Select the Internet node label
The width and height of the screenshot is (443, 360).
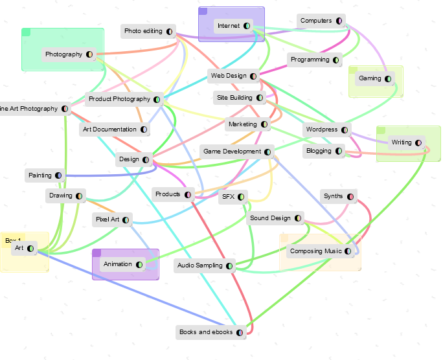[229, 26]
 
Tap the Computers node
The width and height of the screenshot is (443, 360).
[316, 21]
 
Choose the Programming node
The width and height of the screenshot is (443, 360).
[310, 60]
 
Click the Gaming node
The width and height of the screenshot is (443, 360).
[370, 78]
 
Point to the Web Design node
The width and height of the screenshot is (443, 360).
[228, 76]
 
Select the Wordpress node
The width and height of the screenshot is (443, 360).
[322, 129]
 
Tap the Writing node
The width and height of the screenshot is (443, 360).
[402, 142]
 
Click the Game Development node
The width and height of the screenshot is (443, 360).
[232, 152]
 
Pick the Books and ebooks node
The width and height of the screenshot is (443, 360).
[206, 332]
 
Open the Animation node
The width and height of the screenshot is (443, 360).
[117, 264]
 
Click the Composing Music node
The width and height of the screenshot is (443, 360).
[315, 251]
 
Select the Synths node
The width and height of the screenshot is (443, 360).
[334, 196]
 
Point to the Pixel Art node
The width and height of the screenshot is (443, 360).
[107, 219]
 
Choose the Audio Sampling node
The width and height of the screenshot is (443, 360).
[199, 265]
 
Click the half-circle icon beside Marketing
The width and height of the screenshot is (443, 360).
[264, 124]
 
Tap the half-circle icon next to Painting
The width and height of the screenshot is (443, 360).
[59, 175]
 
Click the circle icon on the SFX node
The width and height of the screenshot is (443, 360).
[241, 197]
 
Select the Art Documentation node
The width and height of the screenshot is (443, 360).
[109, 129]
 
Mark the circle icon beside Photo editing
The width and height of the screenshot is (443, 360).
[170, 31]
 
